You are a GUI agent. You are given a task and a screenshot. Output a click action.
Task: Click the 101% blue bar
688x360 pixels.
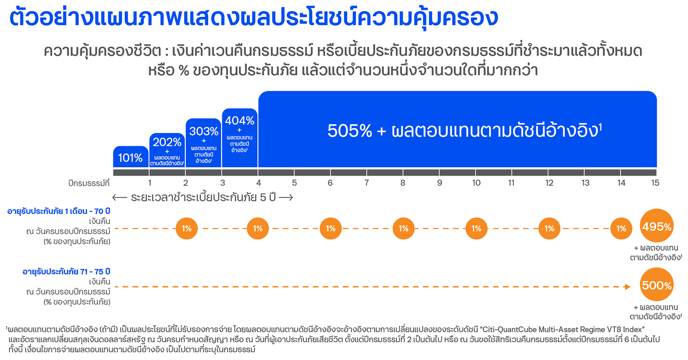(x=130, y=158)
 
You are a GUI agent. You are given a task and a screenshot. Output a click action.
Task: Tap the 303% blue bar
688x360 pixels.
(x=203, y=143)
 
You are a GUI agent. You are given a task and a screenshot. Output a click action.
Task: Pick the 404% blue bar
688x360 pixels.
(x=239, y=138)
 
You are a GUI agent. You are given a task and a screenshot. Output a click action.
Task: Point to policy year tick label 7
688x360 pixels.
(x=366, y=183)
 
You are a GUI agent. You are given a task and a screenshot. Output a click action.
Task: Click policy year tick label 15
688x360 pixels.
(x=655, y=183)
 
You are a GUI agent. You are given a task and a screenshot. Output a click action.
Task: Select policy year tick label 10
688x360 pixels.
(x=476, y=183)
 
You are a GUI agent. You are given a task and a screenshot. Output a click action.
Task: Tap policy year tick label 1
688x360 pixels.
(x=150, y=183)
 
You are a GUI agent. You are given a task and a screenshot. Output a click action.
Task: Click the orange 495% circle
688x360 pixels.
(x=657, y=227)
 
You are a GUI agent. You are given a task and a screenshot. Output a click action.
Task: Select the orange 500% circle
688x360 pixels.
(x=657, y=285)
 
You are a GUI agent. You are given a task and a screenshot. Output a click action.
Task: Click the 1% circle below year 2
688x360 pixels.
(x=186, y=228)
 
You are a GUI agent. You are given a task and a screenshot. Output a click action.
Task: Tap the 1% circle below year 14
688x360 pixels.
(x=621, y=228)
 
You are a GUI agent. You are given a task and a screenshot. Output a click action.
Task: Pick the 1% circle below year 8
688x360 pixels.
(x=403, y=228)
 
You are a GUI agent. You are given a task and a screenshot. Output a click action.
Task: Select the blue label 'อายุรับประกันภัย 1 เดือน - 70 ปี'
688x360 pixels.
(x=59, y=211)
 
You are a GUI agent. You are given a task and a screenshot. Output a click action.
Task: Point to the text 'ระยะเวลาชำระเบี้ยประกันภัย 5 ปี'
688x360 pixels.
(x=203, y=198)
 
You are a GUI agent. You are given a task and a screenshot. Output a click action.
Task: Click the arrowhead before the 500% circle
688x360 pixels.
(x=627, y=287)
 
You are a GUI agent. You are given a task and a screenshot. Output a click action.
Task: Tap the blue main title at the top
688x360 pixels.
(x=253, y=18)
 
